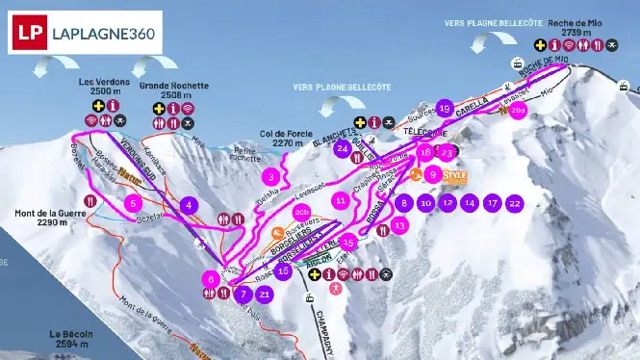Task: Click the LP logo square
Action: coord(30,30)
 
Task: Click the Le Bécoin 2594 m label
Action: coord(71,338)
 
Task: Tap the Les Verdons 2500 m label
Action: coord(106,87)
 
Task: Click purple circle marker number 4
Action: coord(189,204)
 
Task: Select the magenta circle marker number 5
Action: coord(133,203)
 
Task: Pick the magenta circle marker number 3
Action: coord(273,176)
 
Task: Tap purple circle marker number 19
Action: coord(444,108)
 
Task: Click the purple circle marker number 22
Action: coord(515,203)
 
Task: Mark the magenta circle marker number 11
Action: coord(341,200)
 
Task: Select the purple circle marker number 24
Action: coord(342,148)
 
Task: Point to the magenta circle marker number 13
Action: coord(399,224)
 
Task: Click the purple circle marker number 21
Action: coord(265,295)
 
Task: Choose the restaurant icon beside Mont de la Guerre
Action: coord(90,201)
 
